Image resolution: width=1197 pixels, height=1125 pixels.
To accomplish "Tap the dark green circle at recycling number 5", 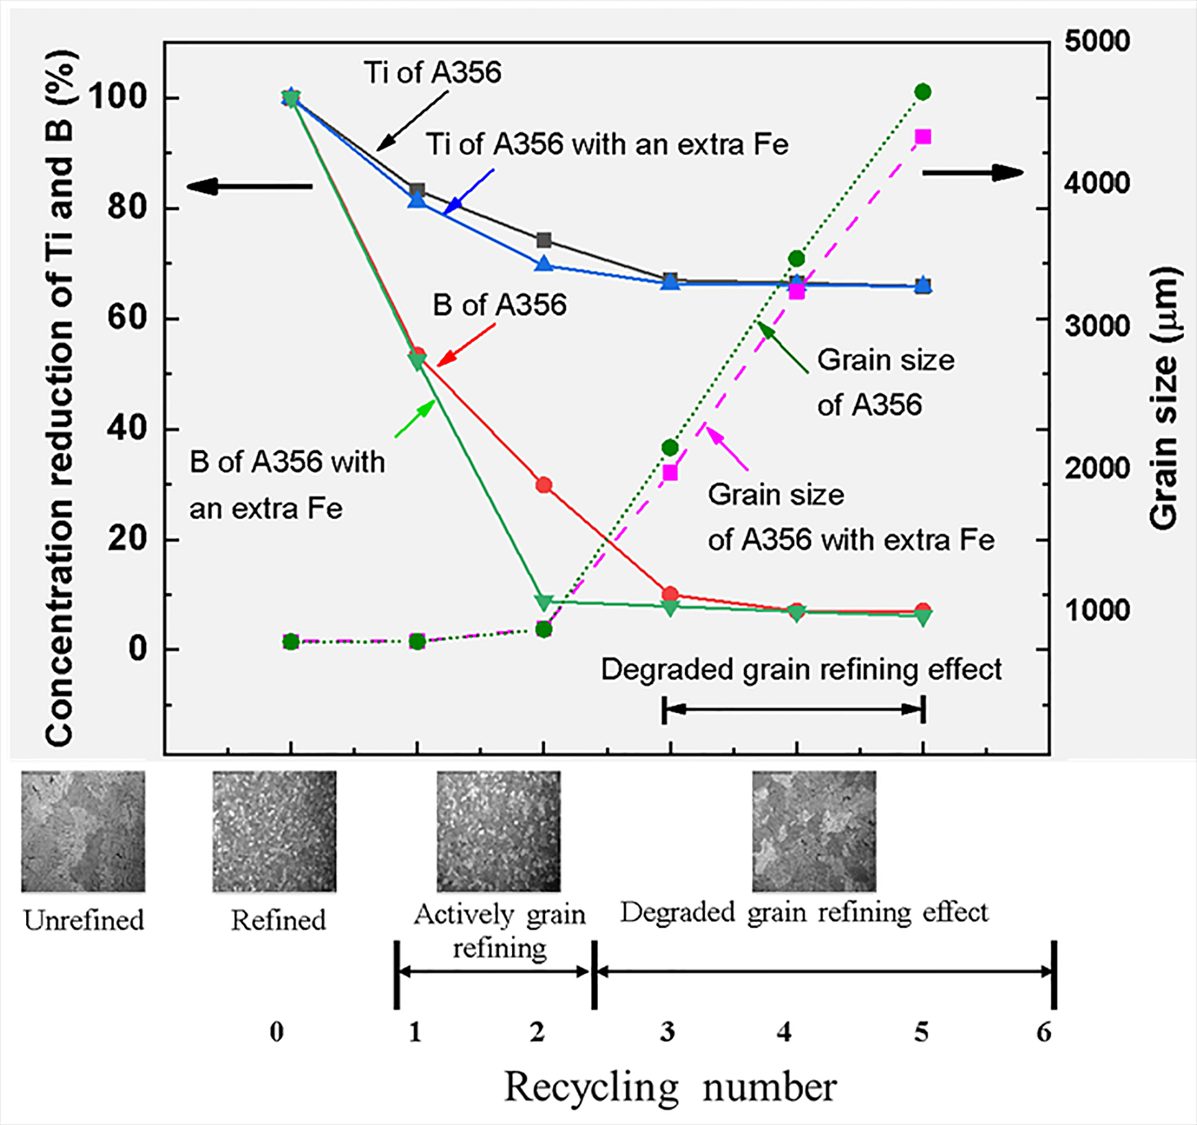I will click(922, 92).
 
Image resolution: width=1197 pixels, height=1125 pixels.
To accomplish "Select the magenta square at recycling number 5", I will click(922, 137).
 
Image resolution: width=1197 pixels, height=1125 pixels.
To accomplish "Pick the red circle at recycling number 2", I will click(544, 485).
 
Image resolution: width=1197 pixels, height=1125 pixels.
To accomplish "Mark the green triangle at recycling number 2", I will click(544, 601).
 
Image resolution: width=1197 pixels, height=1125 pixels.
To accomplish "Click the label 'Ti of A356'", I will click(432, 73).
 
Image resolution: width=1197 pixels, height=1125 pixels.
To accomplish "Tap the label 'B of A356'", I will click(499, 305).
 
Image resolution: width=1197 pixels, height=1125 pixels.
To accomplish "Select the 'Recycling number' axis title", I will click(670, 1087).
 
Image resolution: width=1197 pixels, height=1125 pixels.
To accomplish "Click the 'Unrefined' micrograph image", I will click(83, 831).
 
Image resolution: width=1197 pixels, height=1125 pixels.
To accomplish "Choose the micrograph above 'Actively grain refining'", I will click(499, 831).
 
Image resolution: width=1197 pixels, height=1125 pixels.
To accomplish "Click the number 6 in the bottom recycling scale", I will click(1044, 1032).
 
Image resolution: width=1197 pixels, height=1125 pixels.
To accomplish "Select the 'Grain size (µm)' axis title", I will click(1163, 397).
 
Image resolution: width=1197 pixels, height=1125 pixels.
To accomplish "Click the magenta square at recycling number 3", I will click(670, 473).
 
